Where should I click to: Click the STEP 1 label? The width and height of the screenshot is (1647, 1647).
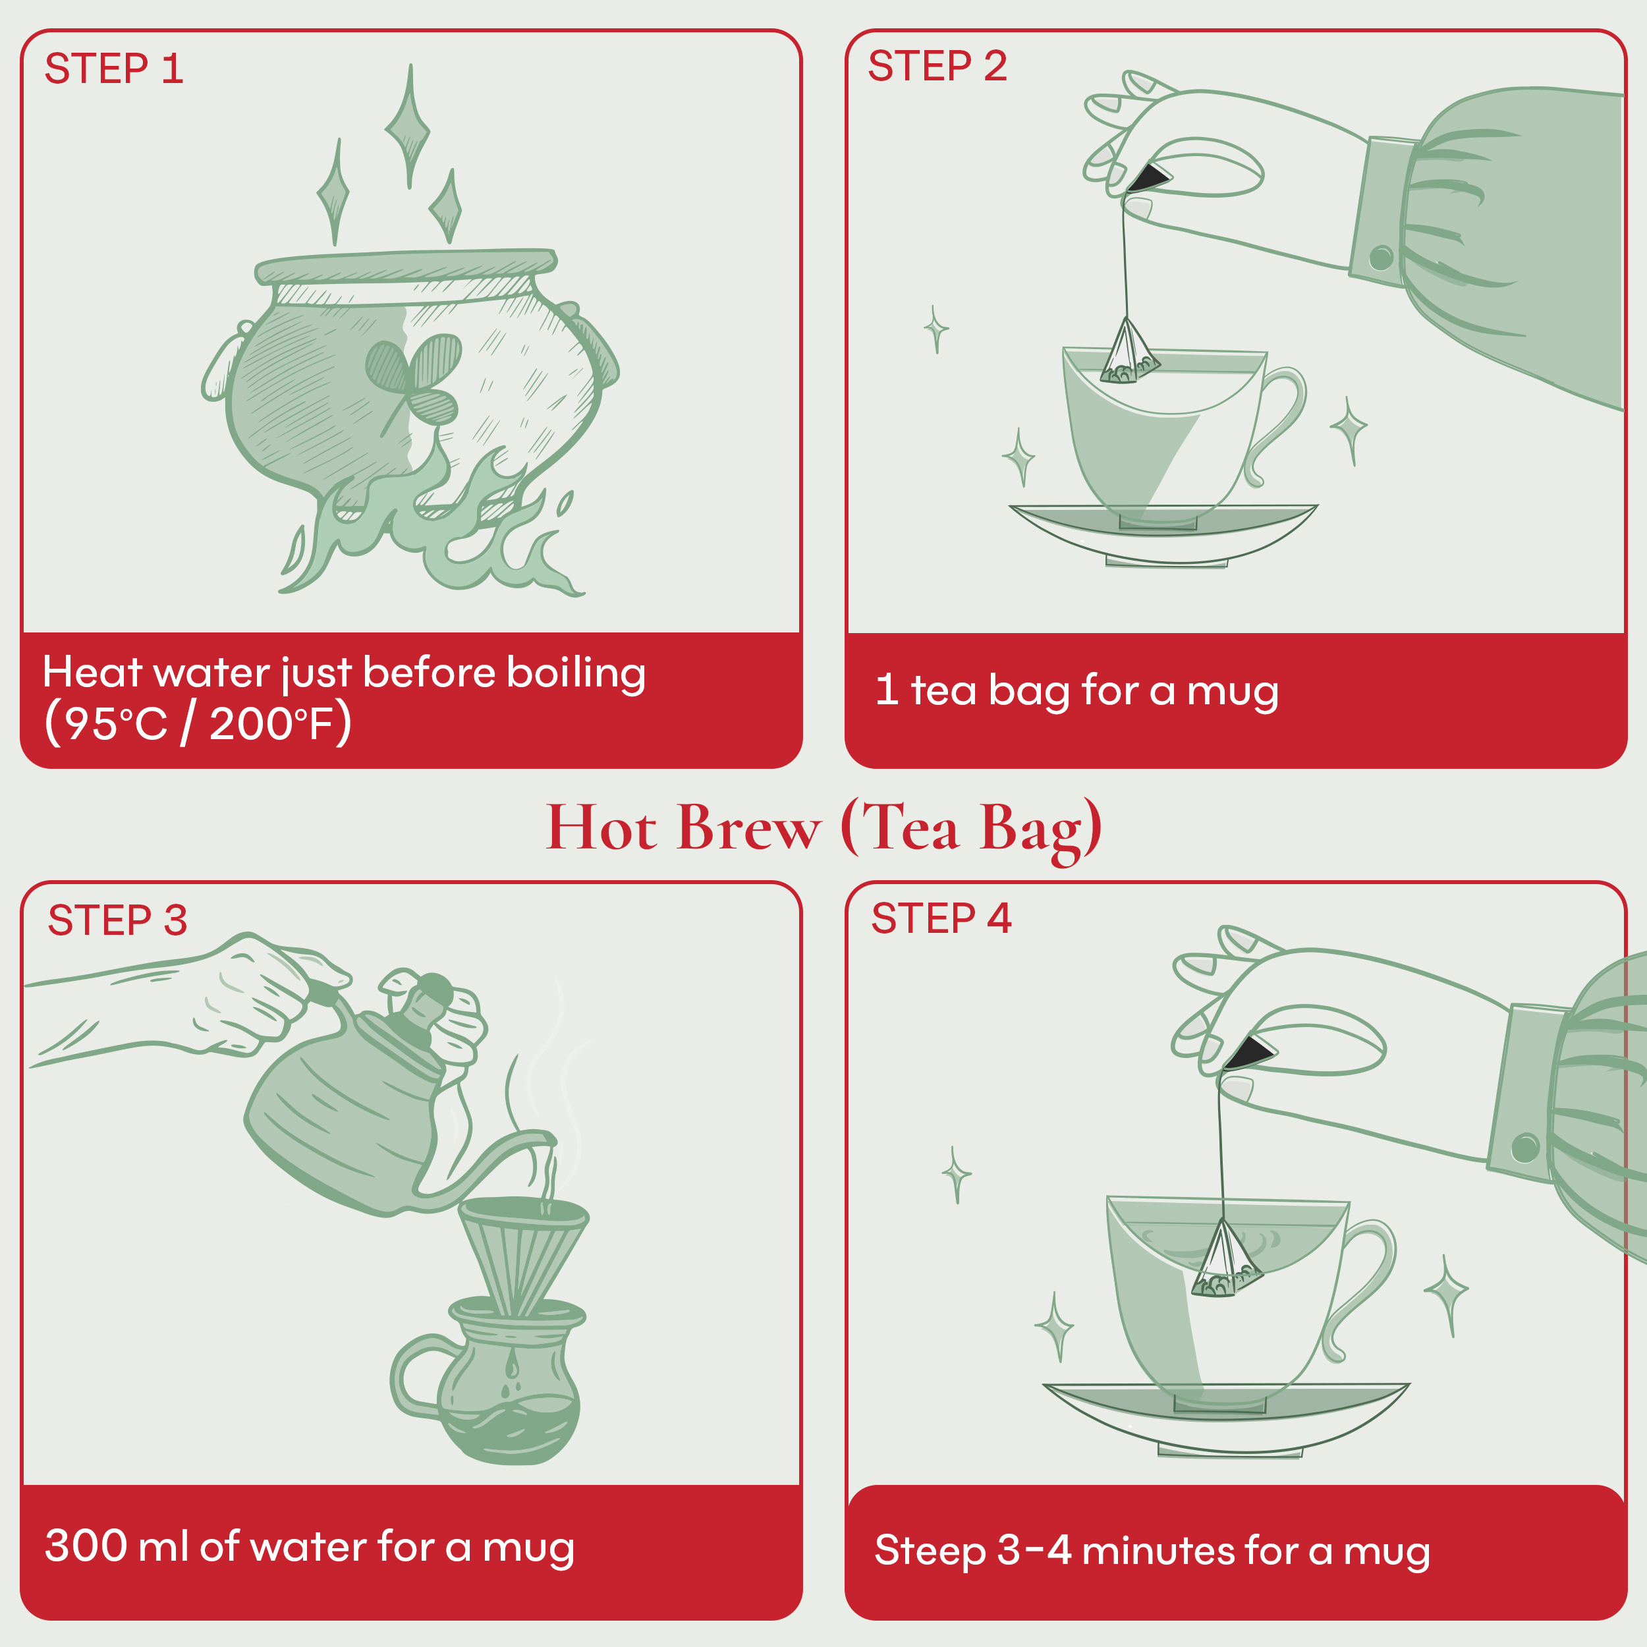coord(113,69)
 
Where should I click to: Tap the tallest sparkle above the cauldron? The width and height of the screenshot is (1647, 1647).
coord(408,128)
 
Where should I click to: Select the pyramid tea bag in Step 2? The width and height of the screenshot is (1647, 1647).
coord(1129,354)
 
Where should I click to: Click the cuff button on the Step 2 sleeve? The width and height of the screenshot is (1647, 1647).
coord(1381,256)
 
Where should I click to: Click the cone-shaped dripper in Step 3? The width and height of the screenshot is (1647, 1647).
coord(522,1252)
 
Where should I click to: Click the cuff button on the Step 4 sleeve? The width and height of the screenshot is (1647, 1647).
coord(1525,1148)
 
